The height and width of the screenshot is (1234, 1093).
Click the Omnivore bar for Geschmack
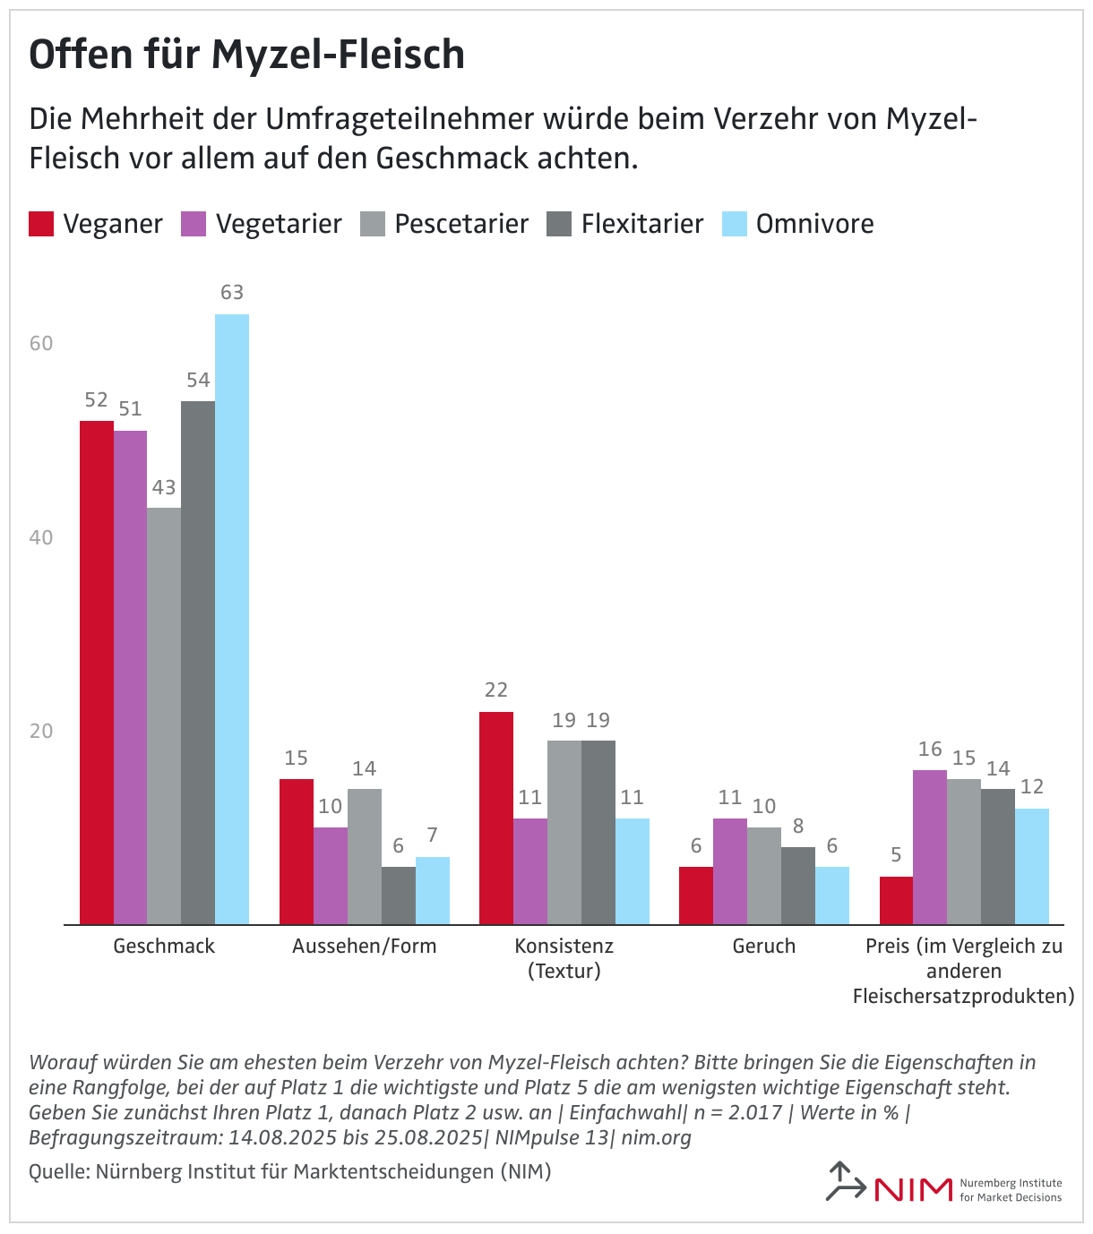[x=232, y=619]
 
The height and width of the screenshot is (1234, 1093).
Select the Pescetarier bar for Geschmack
[x=164, y=716]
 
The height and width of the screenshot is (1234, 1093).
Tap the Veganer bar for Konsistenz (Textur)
[x=496, y=818]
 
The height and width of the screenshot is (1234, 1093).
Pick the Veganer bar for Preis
[x=896, y=900]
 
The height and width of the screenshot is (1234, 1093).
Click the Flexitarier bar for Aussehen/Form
[x=399, y=896]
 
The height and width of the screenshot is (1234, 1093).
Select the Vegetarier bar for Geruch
[x=730, y=871]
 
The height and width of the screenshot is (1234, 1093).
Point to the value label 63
[x=232, y=293]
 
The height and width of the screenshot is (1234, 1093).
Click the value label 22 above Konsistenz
[x=496, y=690]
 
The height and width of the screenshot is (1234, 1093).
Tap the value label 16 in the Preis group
[x=930, y=750]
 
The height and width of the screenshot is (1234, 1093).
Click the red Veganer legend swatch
[x=41, y=224]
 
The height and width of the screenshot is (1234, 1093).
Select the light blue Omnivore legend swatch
[x=735, y=224]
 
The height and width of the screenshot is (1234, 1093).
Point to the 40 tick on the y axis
[x=41, y=537]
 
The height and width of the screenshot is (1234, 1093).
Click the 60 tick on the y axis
[x=41, y=344]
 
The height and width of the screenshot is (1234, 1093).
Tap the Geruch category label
[x=763, y=947]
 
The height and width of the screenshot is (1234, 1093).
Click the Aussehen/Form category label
[x=364, y=947]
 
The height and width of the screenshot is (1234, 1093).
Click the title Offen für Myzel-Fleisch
[x=247, y=56]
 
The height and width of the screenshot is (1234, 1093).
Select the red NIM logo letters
[x=913, y=1189]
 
